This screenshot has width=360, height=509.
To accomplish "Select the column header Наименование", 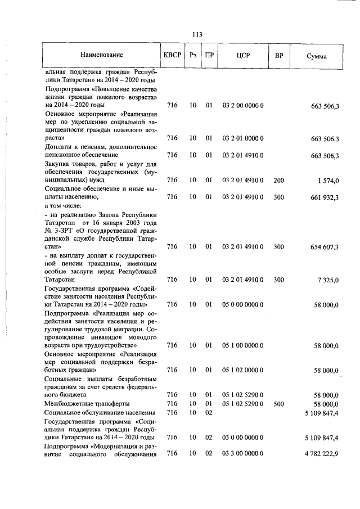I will [102, 56].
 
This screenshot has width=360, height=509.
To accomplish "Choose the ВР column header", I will [278, 56].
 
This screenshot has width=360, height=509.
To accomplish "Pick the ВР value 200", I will [278, 180].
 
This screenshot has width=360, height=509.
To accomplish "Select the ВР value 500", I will [278, 404].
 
